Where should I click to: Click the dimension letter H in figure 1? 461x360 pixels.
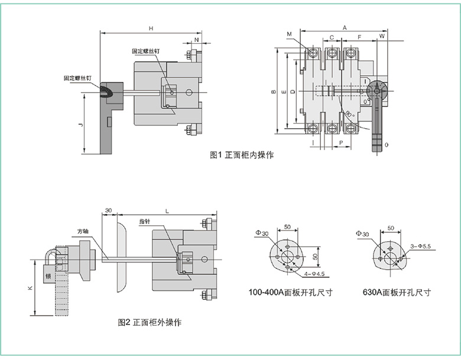[151, 28]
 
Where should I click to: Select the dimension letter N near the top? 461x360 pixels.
[196, 40]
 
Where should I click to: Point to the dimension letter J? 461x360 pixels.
[81, 125]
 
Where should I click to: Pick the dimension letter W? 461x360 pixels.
[382, 37]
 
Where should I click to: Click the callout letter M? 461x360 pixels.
[289, 34]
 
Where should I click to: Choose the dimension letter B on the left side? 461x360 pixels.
[272, 92]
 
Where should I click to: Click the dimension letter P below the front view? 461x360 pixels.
[341, 143]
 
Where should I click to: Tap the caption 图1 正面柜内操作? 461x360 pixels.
[242, 155]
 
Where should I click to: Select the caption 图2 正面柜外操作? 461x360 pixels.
[150, 323]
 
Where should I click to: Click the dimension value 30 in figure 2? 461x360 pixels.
[108, 210]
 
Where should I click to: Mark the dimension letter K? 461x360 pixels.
[31, 288]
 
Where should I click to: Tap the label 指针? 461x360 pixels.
[145, 221]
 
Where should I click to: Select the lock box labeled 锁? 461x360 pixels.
[48, 275]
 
